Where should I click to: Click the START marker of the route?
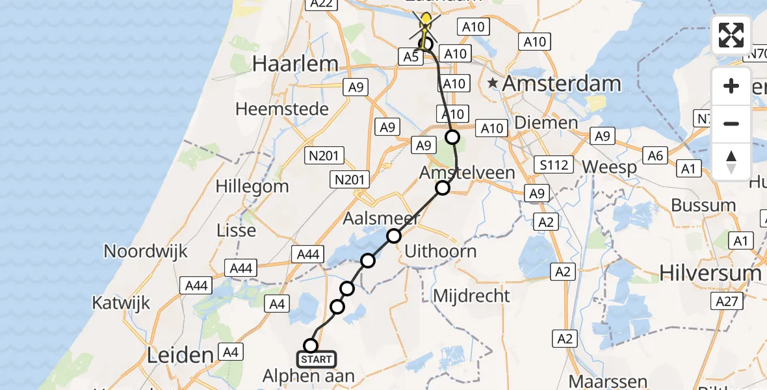[317, 359]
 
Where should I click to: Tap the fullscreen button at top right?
[731, 35]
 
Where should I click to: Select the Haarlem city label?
[295, 64]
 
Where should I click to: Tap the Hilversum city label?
[710, 273]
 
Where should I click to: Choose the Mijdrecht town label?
[471, 296]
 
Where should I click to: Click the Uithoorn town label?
[440, 251]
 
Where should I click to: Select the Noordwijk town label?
[146, 251]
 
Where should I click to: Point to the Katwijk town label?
[121, 302]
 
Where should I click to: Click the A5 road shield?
[410, 57]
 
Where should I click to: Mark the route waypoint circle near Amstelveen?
[443, 188]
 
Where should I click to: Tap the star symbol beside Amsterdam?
[493, 83]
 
